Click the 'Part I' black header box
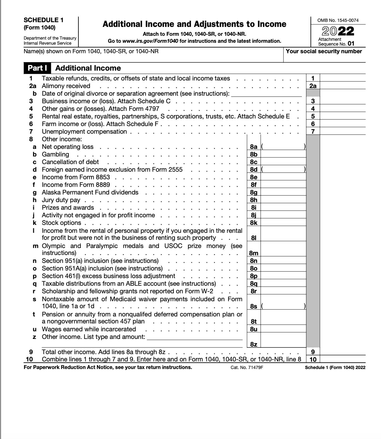(x=37, y=68)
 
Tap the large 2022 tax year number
(x=338, y=31)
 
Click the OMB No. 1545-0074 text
(x=338, y=20)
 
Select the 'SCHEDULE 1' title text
(x=43, y=20)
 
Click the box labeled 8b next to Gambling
(x=253, y=154)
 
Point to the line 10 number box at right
(x=313, y=359)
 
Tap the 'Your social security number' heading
(x=324, y=51)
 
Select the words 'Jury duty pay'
(x=61, y=200)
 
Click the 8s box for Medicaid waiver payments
(x=253, y=306)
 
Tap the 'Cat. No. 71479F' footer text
(x=247, y=367)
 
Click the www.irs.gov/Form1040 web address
(x=150, y=41)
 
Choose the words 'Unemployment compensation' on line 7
(x=84, y=131)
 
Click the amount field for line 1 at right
(x=342, y=78)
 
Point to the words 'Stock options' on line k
(x=61, y=223)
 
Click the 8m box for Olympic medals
(x=253, y=253)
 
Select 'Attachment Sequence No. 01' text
(x=336, y=42)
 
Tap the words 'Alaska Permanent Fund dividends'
(x=90, y=192)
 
